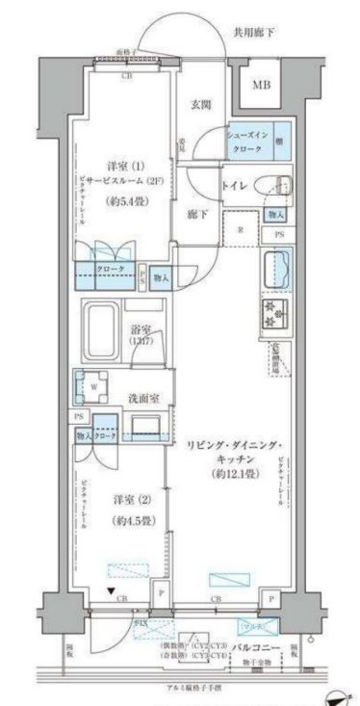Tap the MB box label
point(262,85)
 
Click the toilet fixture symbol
point(277,184)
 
